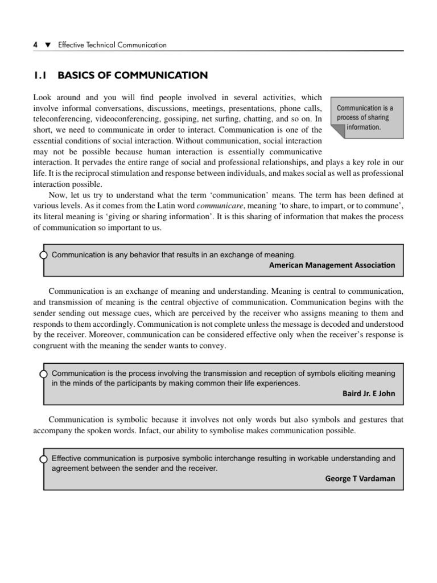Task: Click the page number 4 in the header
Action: tap(36, 45)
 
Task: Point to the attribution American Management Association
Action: tap(332, 265)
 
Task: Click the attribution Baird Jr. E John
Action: tap(368, 393)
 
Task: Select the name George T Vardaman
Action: tap(360, 478)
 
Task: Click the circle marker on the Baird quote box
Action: tap(44, 373)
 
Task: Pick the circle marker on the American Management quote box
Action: tap(44, 255)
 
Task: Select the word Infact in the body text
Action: tap(151, 430)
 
